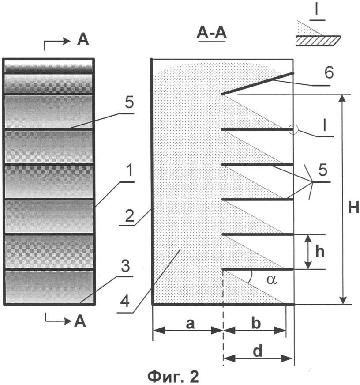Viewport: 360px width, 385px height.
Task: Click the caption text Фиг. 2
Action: pyautogui.click(x=173, y=377)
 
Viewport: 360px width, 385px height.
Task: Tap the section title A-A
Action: pyautogui.click(x=211, y=34)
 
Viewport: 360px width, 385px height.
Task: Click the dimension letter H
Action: pyautogui.click(x=353, y=208)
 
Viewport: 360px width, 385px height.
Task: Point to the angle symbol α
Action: pyautogui.click(x=271, y=280)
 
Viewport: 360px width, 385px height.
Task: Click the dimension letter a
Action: pyautogui.click(x=190, y=324)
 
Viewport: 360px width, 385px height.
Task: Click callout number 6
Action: pyautogui.click(x=329, y=73)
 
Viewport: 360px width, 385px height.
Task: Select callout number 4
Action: pyautogui.click(x=125, y=301)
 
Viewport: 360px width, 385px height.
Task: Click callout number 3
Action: pyautogui.click(x=125, y=266)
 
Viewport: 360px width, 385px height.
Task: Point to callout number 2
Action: pyautogui.click(x=130, y=216)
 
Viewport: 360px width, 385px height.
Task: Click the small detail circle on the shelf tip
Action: pyautogui.click(x=293, y=129)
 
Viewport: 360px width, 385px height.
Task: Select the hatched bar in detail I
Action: pyautogui.click(x=318, y=41)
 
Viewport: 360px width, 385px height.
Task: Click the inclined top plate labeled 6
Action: pyautogui.click(x=258, y=83)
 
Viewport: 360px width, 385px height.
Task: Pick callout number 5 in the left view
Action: pyautogui.click(x=129, y=102)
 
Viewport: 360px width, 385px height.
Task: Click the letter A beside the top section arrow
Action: pyautogui.click(x=82, y=40)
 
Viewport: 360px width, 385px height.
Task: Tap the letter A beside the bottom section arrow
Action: pyautogui.click(x=80, y=321)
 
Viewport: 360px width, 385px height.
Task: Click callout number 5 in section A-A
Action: pyautogui.click(x=322, y=170)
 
